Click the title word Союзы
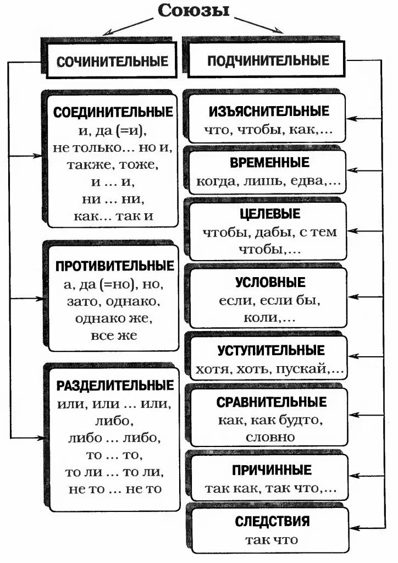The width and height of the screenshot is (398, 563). tap(194, 10)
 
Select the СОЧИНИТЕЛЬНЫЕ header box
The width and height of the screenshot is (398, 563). tap(112, 60)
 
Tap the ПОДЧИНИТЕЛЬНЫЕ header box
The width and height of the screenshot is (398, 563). tap(268, 60)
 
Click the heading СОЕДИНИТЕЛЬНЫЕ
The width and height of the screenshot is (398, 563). tap(113, 112)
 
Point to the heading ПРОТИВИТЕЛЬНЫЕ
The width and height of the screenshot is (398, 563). tap(114, 267)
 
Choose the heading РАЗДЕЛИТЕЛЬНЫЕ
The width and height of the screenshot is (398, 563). tap(114, 385)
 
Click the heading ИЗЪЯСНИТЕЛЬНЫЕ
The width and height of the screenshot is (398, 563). tap(268, 111)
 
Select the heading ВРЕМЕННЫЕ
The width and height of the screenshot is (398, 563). tap(268, 163)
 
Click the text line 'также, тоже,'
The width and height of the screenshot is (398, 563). tap(113, 164)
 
